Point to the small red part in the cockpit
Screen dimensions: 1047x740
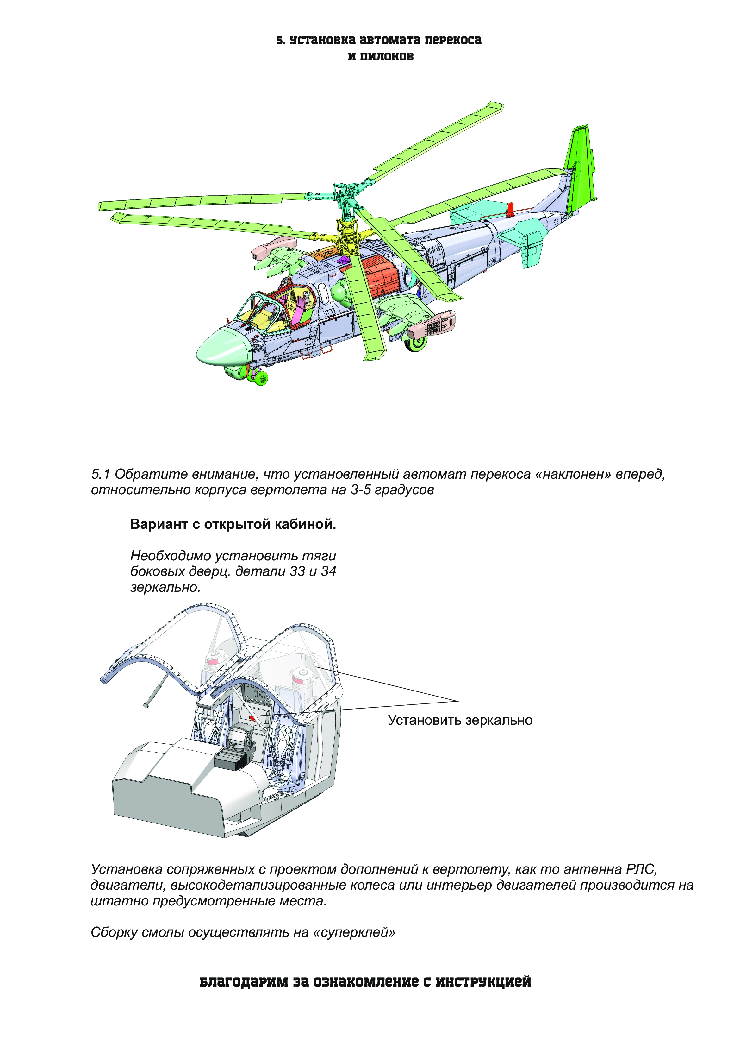click(x=252, y=718)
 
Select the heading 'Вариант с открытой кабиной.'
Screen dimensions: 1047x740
click(x=233, y=524)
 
